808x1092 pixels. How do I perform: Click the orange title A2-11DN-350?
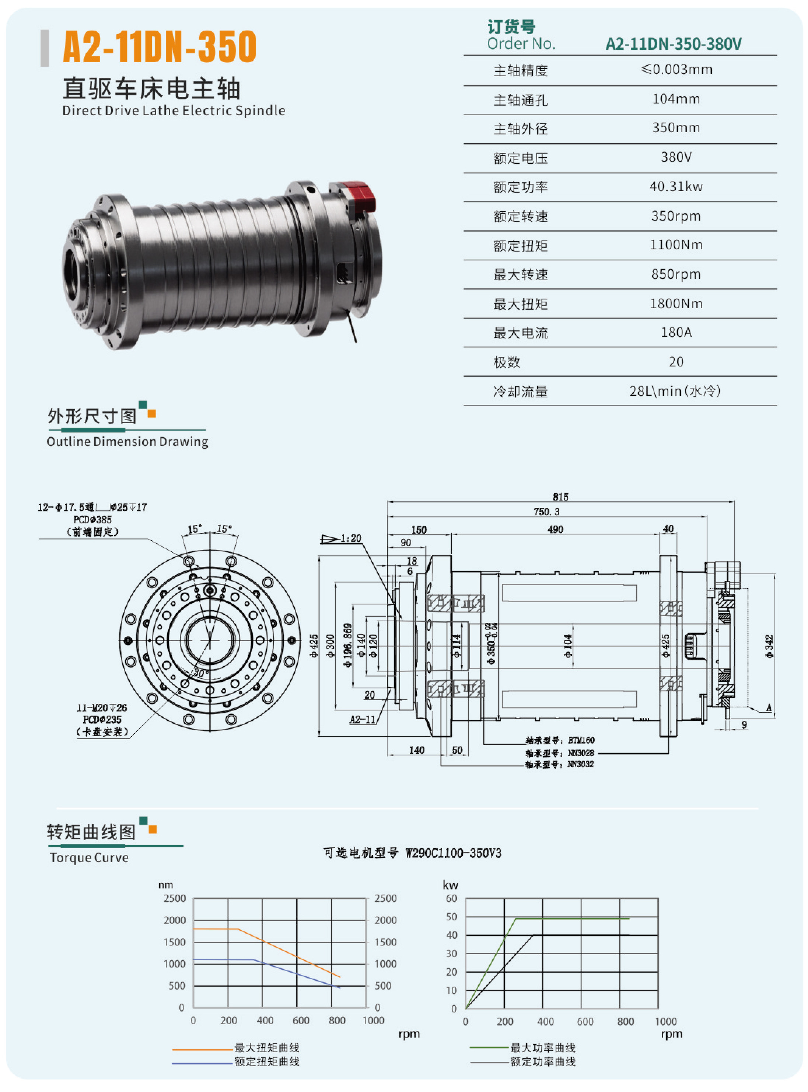point(160,47)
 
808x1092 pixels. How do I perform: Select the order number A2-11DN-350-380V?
point(674,44)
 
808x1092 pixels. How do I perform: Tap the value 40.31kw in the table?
point(676,186)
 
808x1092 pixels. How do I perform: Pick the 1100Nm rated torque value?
point(676,245)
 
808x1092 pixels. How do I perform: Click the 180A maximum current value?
point(676,333)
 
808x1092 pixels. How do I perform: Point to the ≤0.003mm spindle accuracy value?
point(676,69)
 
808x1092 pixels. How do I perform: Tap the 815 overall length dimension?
point(560,496)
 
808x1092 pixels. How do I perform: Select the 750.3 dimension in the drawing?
point(546,511)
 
